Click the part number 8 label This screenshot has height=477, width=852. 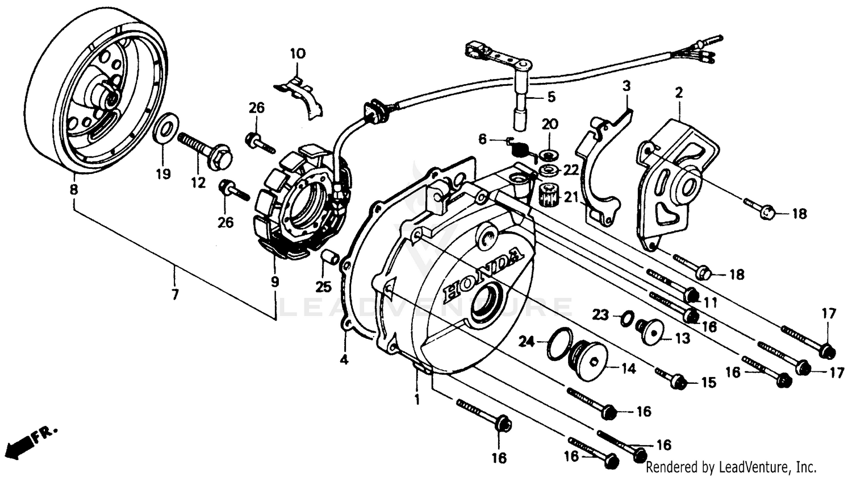(x=73, y=191)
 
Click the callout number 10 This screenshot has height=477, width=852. (x=298, y=54)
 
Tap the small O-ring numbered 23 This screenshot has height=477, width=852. (x=625, y=318)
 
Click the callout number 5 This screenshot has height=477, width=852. (x=552, y=97)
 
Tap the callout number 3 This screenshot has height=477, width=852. (x=626, y=86)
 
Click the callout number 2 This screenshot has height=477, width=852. (x=678, y=92)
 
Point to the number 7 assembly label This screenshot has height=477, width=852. (x=175, y=295)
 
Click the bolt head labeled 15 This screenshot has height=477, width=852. (x=677, y=382)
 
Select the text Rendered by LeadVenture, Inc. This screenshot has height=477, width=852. (x=732, y=467)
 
